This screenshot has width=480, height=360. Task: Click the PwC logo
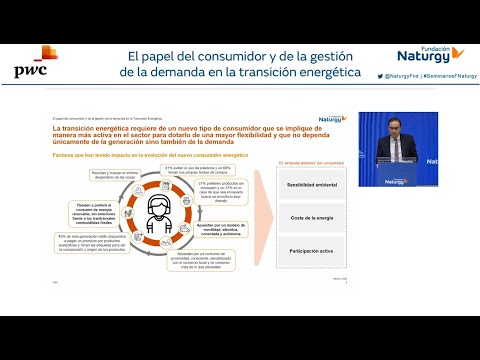tap(36, 65)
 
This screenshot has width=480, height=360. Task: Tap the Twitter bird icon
tap(380, 76)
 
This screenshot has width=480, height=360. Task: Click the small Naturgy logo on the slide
tap(333, 118)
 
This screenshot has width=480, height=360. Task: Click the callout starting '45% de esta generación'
tap(95, 243)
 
